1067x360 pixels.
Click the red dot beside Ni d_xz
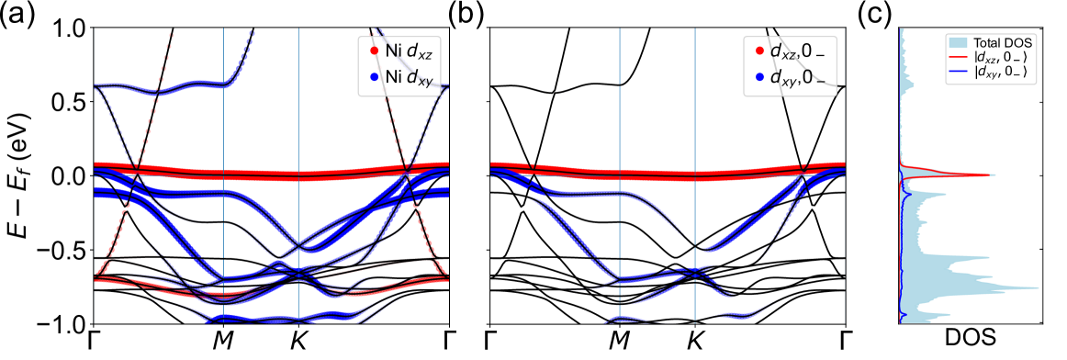point(374,51)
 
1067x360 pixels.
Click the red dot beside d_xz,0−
point(758,51)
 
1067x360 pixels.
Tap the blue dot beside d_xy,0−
point(758,79)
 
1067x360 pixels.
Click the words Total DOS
point(1004,43)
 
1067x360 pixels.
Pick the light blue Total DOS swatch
point(960,43)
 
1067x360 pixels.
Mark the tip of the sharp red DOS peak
point(994,174)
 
